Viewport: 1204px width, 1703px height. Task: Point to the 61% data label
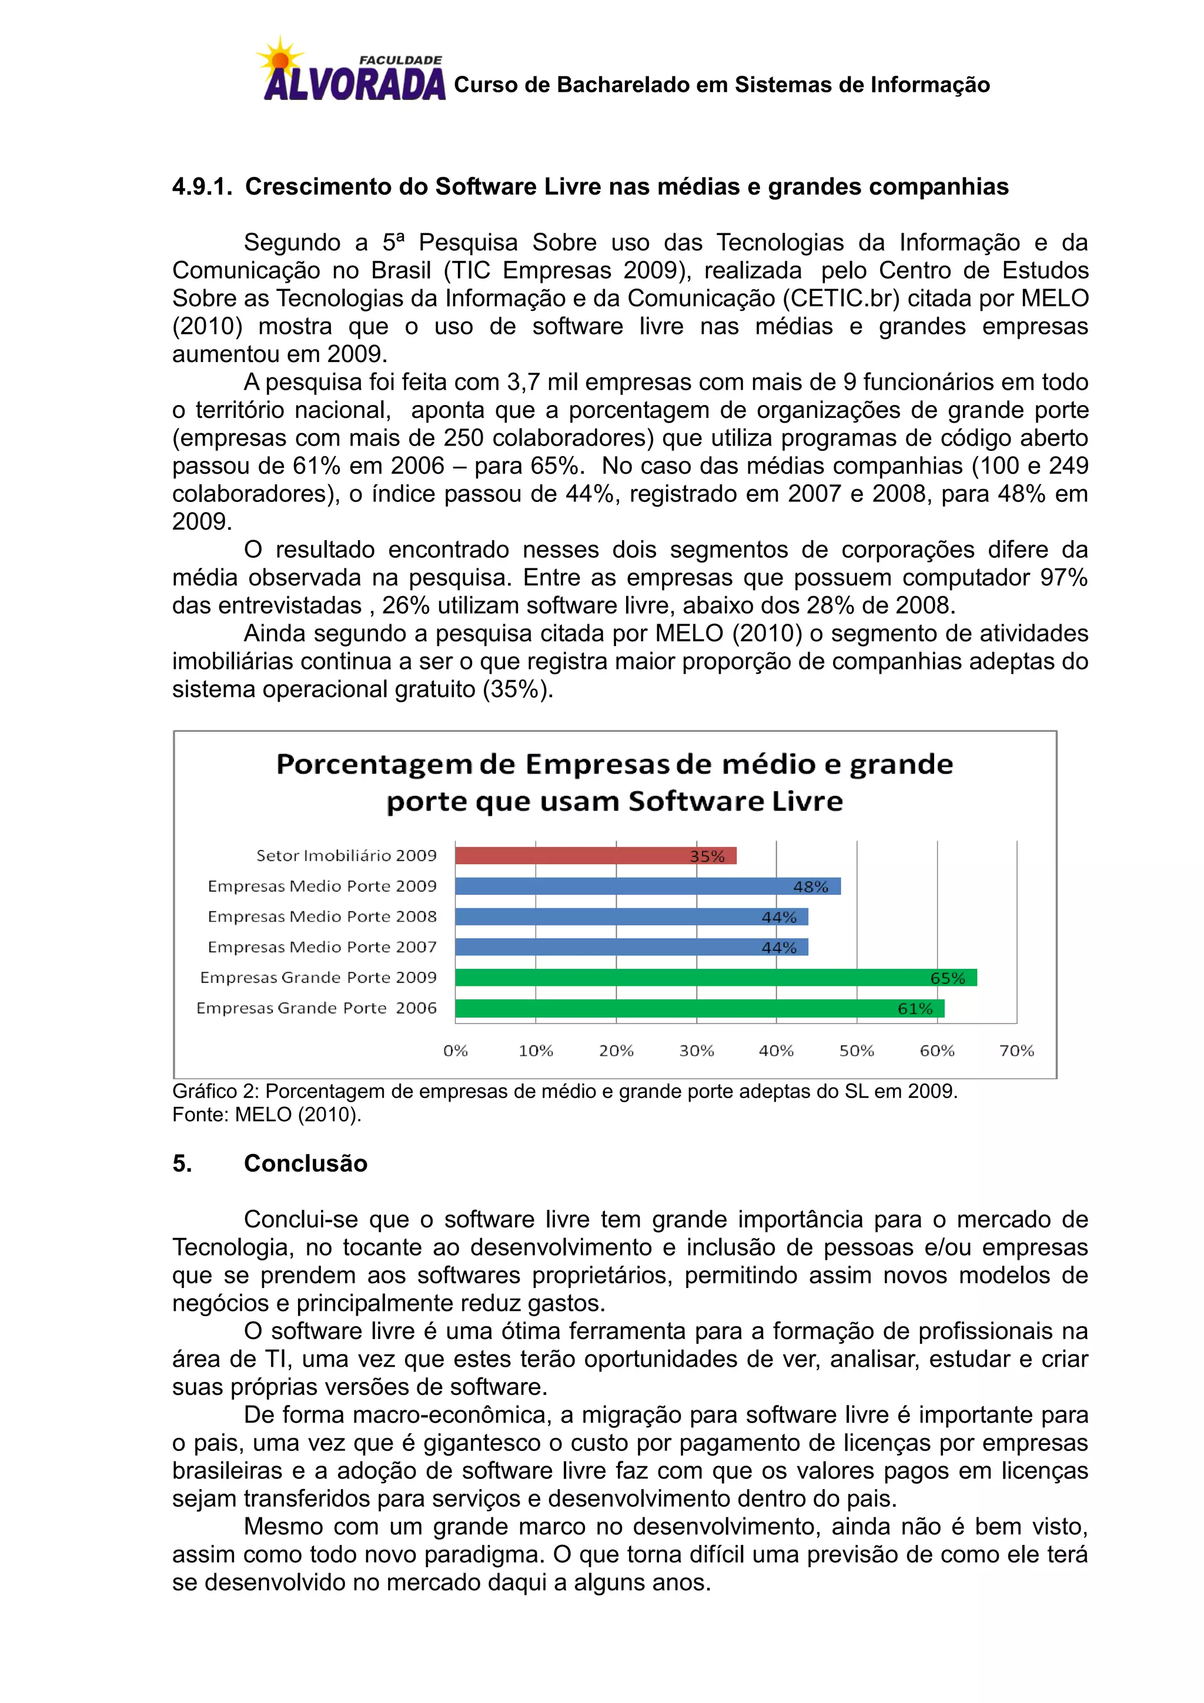click(915, 1008)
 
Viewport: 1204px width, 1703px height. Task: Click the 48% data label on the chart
click(810, 886)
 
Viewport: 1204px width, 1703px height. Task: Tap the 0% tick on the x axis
click(456, 1050)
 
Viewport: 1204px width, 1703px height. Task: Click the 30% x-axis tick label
click(696, 1050)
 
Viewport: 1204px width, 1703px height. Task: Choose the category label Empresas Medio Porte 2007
click(322, 946)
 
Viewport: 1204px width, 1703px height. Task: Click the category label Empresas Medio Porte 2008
click(322, 916)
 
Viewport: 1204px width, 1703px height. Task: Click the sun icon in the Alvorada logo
click(280, 60)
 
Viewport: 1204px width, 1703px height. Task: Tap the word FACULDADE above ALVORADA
click(400, 59)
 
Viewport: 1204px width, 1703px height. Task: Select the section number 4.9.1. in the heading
click(202, 186)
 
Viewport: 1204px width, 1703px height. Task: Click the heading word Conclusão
click(306, 1162)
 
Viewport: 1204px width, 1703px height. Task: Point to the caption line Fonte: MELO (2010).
click(266, 1114)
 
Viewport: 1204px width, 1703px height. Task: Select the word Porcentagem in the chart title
click(374, 764)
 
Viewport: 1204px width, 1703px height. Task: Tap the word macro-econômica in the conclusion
click(451, 1414)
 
